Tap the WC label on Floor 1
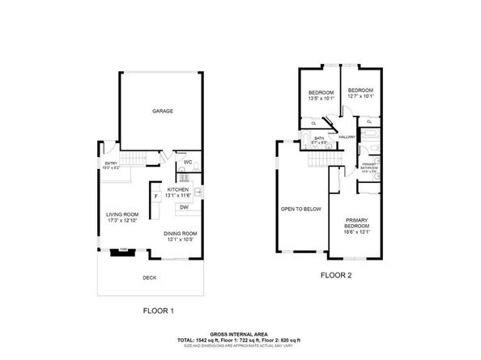(x=186, y=161)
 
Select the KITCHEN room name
(x=177, y=189)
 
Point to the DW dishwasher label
(x=184, y=207)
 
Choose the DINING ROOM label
(x=181, y=234)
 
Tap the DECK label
(x=149, y=277)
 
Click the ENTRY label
(x=110, y=163)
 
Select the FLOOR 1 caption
(x=158, y=310)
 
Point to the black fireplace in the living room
(x=123, y=252)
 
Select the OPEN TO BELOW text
(x=301, y=209)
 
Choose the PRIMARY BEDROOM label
(x=356, y=223)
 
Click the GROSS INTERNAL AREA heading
(x=240, y=333)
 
